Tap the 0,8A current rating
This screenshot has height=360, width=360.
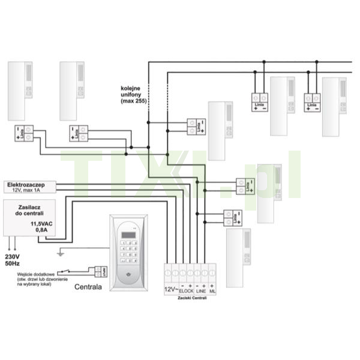41,230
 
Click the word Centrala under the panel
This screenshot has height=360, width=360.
88,287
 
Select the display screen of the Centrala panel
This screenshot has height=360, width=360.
128,233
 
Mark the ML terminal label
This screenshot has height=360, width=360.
213,291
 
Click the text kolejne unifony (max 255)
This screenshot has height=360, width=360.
134,94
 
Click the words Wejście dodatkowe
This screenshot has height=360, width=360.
35,273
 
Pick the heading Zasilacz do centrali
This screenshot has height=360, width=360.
29,209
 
